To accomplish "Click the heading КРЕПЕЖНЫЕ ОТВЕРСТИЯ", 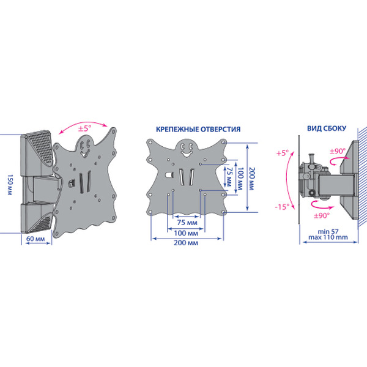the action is pyautogui.click(x=198, y=129).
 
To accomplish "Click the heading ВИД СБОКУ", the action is pyautogui.click(x=327, y=128).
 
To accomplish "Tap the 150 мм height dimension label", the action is pyautogui.click(x=10, y=185).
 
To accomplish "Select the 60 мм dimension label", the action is pyautogui.click(x=35, y=239).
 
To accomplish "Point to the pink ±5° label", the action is pyautogui.click(x=84, y=128).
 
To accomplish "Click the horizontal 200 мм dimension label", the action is pyautogui.click(x=186, y=243).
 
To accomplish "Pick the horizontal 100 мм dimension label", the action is pyautogui.click(x=186, y=233).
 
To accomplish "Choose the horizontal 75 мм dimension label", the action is pyautogui.click(x=187, y=223).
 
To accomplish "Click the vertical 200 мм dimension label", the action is pyautogui.click(x=251, y=179).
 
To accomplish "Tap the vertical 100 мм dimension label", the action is pyautogui.click(x=241, y=179).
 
